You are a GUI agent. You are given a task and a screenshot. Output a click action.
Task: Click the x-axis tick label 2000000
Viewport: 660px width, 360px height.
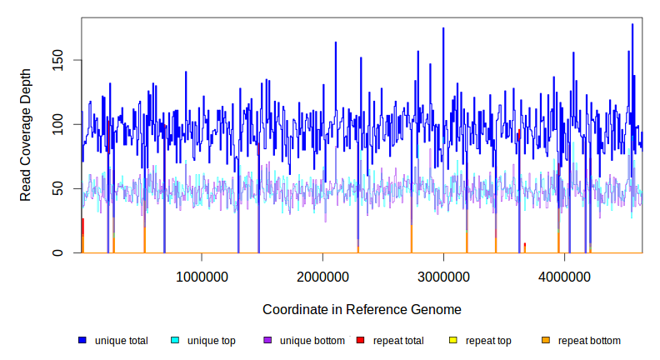322,276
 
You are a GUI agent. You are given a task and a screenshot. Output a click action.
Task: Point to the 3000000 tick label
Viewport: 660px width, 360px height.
443,276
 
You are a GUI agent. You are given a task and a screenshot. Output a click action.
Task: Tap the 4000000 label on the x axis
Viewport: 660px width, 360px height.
564,276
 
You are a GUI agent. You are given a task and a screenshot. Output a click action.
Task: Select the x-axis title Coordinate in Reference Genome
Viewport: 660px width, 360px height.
362,309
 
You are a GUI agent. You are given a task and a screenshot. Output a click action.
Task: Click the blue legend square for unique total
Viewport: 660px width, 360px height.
82,340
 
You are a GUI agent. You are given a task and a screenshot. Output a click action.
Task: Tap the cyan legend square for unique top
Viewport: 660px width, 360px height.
175,340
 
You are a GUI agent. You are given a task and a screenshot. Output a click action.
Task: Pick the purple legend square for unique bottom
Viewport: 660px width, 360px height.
267,340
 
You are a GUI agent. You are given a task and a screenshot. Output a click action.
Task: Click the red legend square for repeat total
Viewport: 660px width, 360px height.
360,340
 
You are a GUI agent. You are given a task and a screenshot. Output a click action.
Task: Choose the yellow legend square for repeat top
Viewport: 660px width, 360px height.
452,340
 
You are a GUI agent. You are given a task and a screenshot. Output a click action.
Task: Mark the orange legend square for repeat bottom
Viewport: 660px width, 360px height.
545,340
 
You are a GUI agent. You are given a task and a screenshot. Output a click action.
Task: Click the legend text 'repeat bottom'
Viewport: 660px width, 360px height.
589,340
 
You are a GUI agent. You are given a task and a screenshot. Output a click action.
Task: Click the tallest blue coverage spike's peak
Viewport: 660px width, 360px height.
632,25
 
